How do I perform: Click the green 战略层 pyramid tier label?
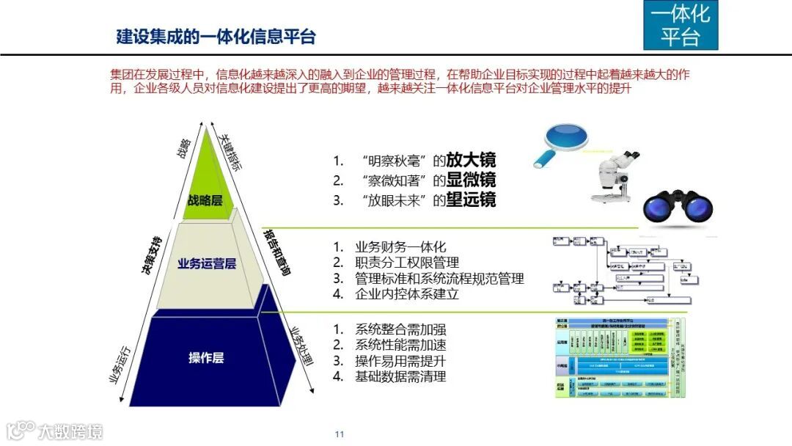[205, 201]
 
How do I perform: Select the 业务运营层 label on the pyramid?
[207, 264]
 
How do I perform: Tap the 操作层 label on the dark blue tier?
[206, 357]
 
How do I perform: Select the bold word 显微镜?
[471, 180]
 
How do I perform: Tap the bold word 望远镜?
[471, 200]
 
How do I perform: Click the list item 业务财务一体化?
[400, 247]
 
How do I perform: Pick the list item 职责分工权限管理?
[407, 263]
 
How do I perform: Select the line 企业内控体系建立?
[407, 294]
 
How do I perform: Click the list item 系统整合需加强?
[400, 329]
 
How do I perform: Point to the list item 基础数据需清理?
[400, 376]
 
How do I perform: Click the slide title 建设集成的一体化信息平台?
[216, 36]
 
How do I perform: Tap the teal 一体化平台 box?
[680, 25]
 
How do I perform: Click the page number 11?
[340, 434]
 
